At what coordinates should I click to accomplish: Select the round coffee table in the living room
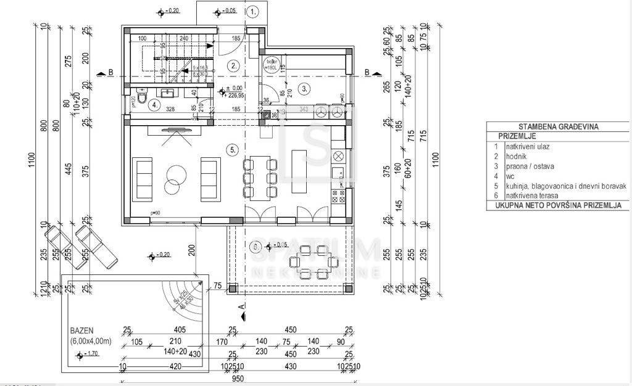pos(173,176)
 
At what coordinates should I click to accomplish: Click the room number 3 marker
pos(304,89)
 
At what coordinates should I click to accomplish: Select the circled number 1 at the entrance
pos(252,11)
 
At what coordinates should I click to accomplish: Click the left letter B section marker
pos(110,73)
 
